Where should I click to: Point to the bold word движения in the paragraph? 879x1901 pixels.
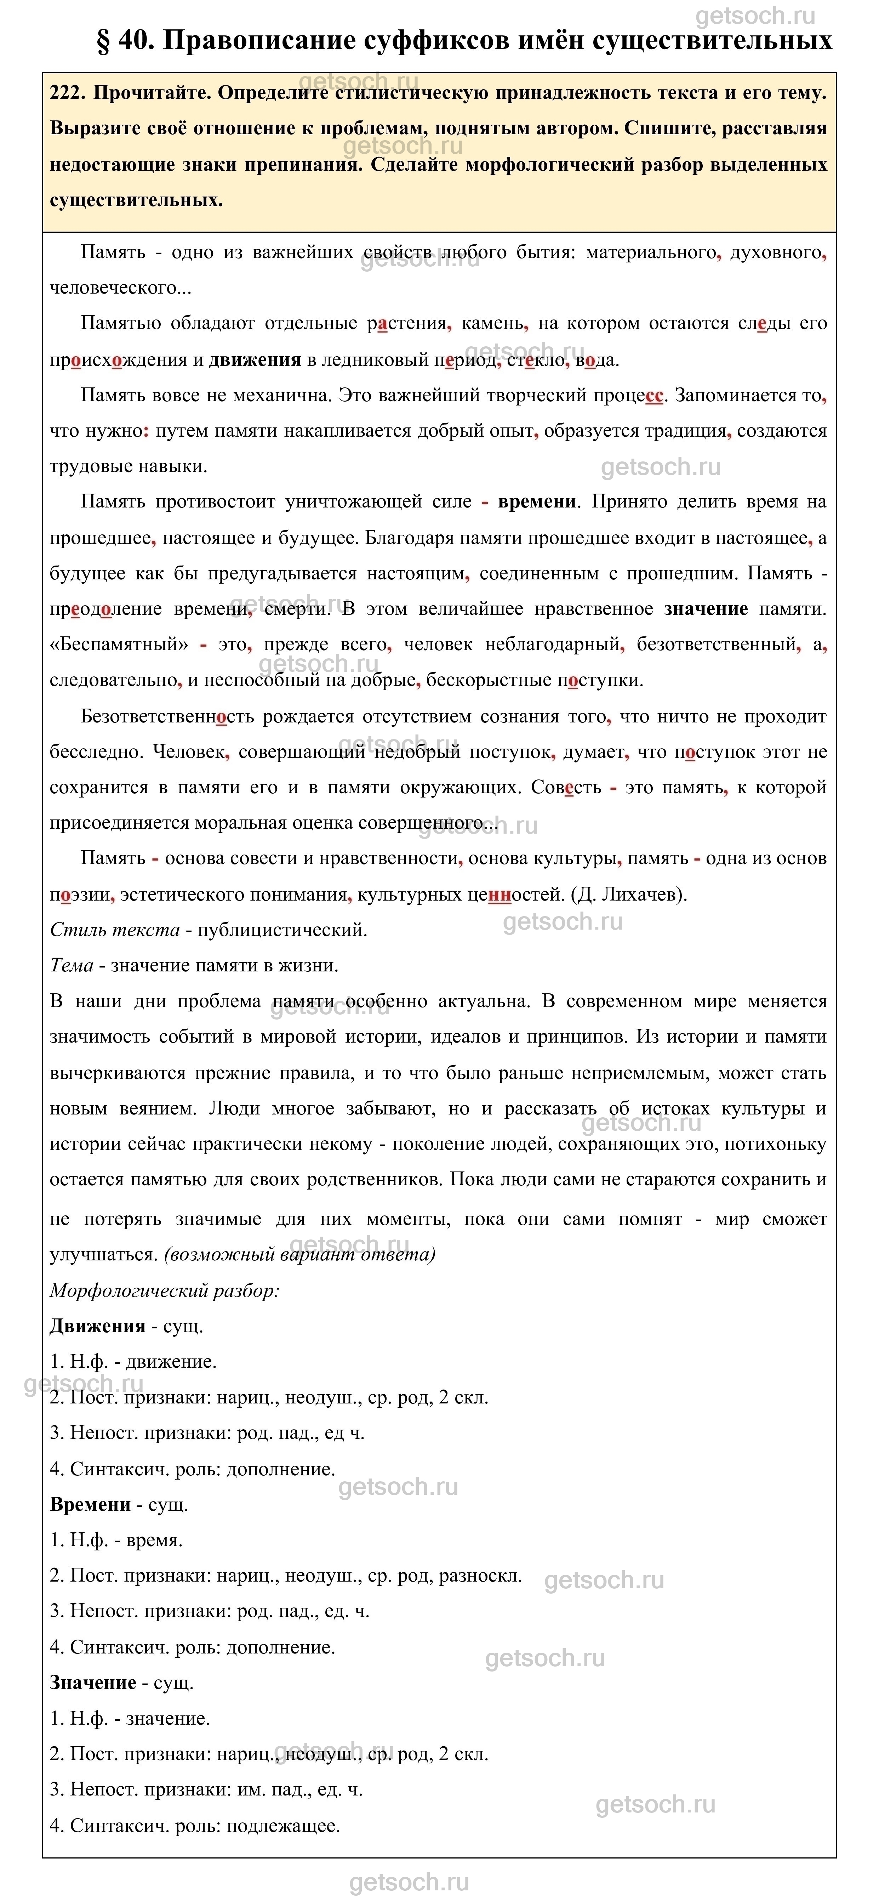click(x=255, y=360)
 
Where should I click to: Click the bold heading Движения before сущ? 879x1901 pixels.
click(x=97, y=1326)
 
